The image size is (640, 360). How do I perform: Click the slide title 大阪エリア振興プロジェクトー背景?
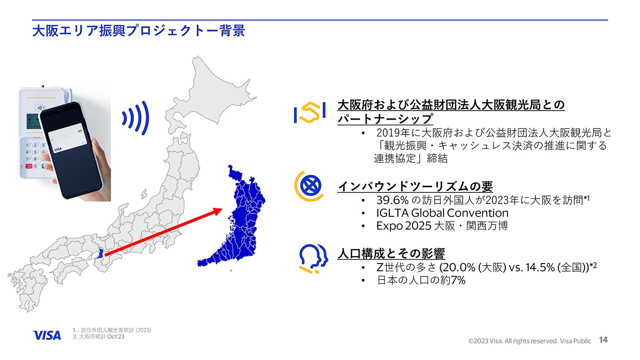coord(138,31)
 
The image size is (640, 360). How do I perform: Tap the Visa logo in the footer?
coord(47,335)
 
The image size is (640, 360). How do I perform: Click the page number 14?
coord(603,340)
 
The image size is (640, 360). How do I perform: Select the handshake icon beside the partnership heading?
coord(309,113)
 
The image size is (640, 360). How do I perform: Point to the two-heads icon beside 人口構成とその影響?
coord(313,258)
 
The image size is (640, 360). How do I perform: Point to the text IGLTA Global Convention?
coord(442,213)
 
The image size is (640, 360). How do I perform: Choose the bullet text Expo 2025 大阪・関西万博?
coord(442,226)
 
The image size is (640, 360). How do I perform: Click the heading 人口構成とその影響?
coord(391,253)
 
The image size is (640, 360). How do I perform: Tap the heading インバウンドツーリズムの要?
coord(415,186)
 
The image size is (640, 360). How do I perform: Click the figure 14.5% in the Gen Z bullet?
coord(540,268)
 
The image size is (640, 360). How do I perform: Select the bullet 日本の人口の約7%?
coord(421,280)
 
